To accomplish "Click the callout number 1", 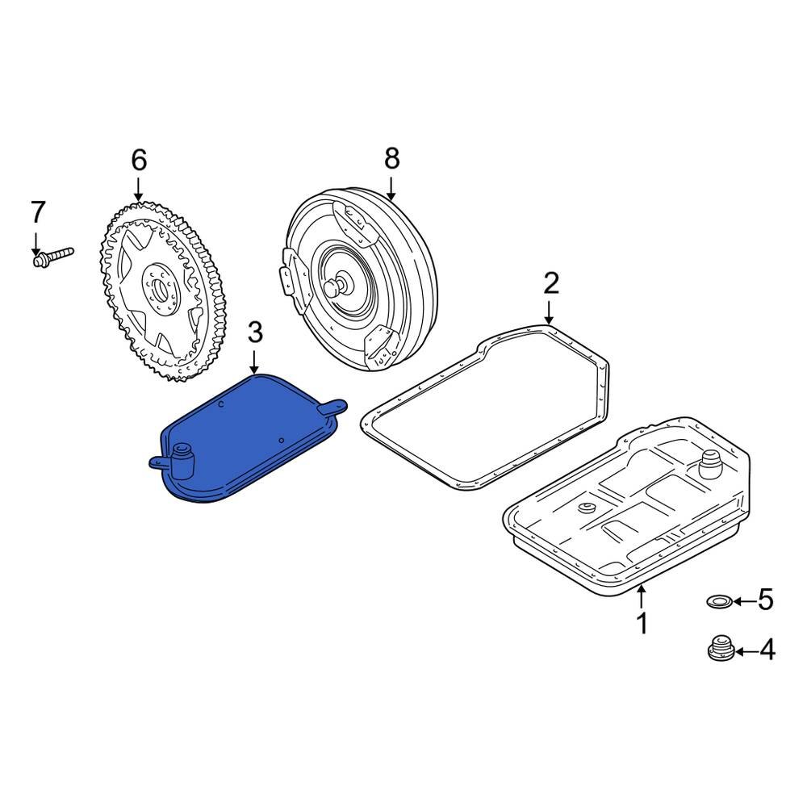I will [x=642, y=623].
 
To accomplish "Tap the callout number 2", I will [x=550, y=283].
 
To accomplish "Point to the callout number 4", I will [x=766, y=650].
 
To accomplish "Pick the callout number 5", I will [x=766, y=600].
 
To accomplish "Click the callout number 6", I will [x=139, y=160].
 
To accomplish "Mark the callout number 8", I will [x=391, y=159].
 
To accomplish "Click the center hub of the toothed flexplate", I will [x=158, y=286].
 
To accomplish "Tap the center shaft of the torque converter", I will [x=337, y=285].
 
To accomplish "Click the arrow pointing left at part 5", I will [x=743, y=600].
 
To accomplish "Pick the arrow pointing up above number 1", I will [x=642, y=596].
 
